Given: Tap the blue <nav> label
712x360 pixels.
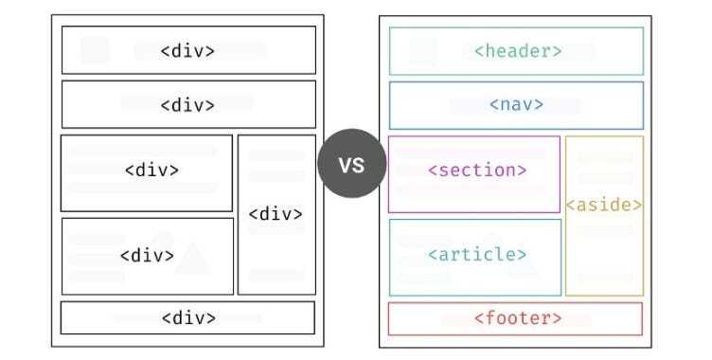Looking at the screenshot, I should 516,104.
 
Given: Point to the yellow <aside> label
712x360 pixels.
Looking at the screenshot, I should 604,204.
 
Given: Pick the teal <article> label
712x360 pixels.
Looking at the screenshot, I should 477,254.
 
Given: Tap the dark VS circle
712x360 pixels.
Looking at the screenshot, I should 351,165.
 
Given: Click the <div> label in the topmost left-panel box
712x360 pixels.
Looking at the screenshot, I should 187,51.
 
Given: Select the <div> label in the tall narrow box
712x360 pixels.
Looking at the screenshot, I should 276,214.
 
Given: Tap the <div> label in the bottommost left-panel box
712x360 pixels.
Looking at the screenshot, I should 188,317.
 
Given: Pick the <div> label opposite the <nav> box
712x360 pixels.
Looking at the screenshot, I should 187,104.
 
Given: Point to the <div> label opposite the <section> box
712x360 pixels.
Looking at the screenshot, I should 151,171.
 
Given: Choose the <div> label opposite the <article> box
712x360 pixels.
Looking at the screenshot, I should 147,255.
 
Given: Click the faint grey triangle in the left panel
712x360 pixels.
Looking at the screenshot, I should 191,258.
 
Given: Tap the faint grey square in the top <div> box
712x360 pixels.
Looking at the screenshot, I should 95,50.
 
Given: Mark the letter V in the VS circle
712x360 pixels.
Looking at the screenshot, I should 345,165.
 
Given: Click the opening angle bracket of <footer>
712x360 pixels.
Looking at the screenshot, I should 476,318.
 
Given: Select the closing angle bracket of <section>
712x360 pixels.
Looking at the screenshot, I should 523,171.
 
